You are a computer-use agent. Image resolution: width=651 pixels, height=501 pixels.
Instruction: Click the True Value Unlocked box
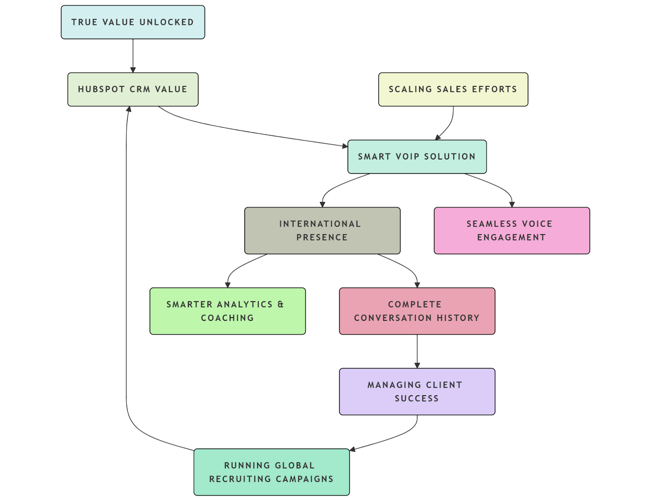(133, 22)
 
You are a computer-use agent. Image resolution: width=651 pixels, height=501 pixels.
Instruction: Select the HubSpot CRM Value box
(133, 89)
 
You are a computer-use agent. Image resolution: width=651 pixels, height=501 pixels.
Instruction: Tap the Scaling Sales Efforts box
(453, 89)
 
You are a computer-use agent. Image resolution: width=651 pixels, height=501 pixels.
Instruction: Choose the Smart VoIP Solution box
(417, 157)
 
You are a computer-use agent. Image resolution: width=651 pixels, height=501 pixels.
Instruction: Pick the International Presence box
(322, 231)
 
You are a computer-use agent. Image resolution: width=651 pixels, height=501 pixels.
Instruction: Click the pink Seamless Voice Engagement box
(511, 231)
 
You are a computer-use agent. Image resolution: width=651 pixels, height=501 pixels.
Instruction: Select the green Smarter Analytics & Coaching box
(227, 311)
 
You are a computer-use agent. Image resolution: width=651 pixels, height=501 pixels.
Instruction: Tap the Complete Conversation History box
(417, 311)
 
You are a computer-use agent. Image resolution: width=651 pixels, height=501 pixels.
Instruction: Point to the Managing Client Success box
(417, 392)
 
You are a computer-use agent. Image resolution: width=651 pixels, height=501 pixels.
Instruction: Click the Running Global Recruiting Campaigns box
(271, 472)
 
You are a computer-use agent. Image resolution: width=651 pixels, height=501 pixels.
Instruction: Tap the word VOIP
(407, 157)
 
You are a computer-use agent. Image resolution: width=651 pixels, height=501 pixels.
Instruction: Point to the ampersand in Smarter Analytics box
(281, 304)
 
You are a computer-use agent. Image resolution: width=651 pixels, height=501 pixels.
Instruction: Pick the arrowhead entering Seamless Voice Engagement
(512, 205)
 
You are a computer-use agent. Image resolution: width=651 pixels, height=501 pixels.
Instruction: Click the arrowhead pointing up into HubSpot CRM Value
(129, 109)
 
